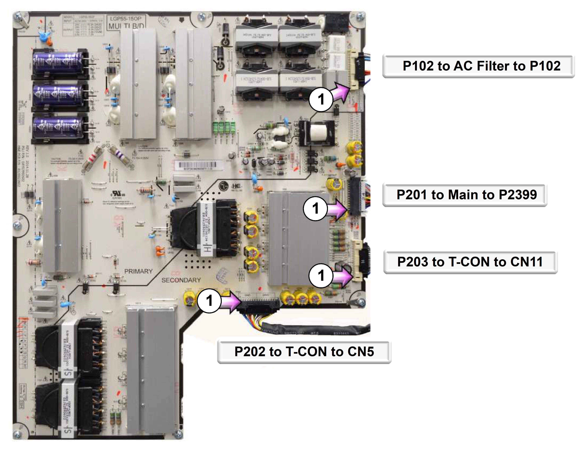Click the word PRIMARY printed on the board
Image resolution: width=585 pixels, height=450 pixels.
point(138,271)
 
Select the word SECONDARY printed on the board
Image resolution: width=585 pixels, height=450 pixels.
point(181,280)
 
